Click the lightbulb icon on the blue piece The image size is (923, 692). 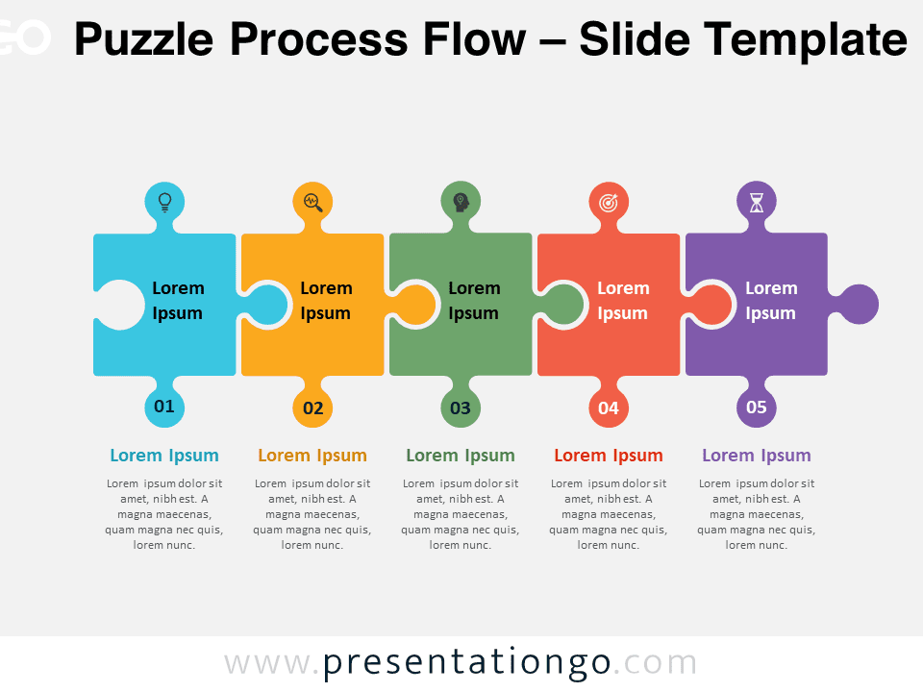[x=164, y=202]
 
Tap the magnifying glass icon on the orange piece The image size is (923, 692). [x=313, y=203]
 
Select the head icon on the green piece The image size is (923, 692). [x=461, y=203]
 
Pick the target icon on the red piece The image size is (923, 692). [x=609, y=203]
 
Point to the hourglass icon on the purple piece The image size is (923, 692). [x=757, y=203]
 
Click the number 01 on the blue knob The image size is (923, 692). [x=164, y=406]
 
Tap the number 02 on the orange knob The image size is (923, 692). [x=313, y=408]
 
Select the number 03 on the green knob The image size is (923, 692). [x=461, y=408]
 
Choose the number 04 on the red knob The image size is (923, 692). [x=609, y=408]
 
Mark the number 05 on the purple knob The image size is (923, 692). [x=757, y=407]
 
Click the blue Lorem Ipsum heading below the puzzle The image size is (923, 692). [x=164, y=456]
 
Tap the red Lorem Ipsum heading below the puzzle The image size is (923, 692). [x=609, y=456]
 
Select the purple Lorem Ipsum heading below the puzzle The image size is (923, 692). [x=757, y=456]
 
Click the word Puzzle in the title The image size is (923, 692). [x=143, y=40]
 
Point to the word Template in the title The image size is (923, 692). [x=806, y=40]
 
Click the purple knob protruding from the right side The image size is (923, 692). [x=857, y=305]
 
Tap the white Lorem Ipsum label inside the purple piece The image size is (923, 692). [x=771, y=301]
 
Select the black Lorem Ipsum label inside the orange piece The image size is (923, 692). [x=326, y=301]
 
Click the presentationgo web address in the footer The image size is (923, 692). [x=461, y=662]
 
